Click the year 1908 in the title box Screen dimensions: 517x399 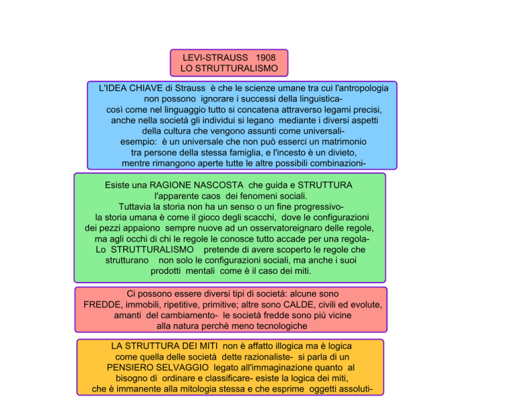point(265,58)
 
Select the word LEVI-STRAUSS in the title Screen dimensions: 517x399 point(215,58)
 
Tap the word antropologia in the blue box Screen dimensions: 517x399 point(361,88)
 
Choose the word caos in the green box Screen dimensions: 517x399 point(211,196)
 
